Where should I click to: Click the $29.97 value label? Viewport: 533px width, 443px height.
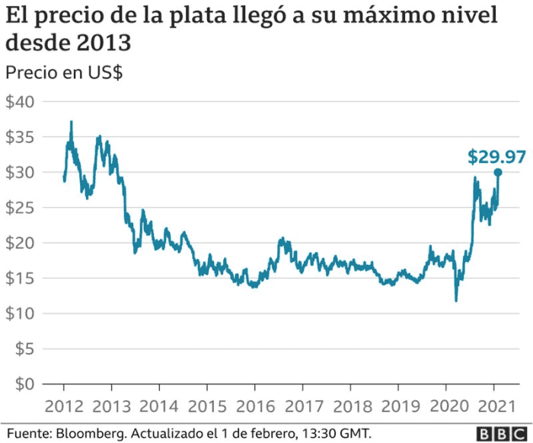pyautogui.click(x=496, y=158)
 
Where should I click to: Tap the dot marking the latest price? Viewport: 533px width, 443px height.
pyautogui.click(x=498, y=172)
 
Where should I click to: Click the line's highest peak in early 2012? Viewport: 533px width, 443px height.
pyautogui.click(x=72, y=122)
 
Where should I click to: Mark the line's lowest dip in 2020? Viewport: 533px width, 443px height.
pyautogui.click(x=456, y=301)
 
